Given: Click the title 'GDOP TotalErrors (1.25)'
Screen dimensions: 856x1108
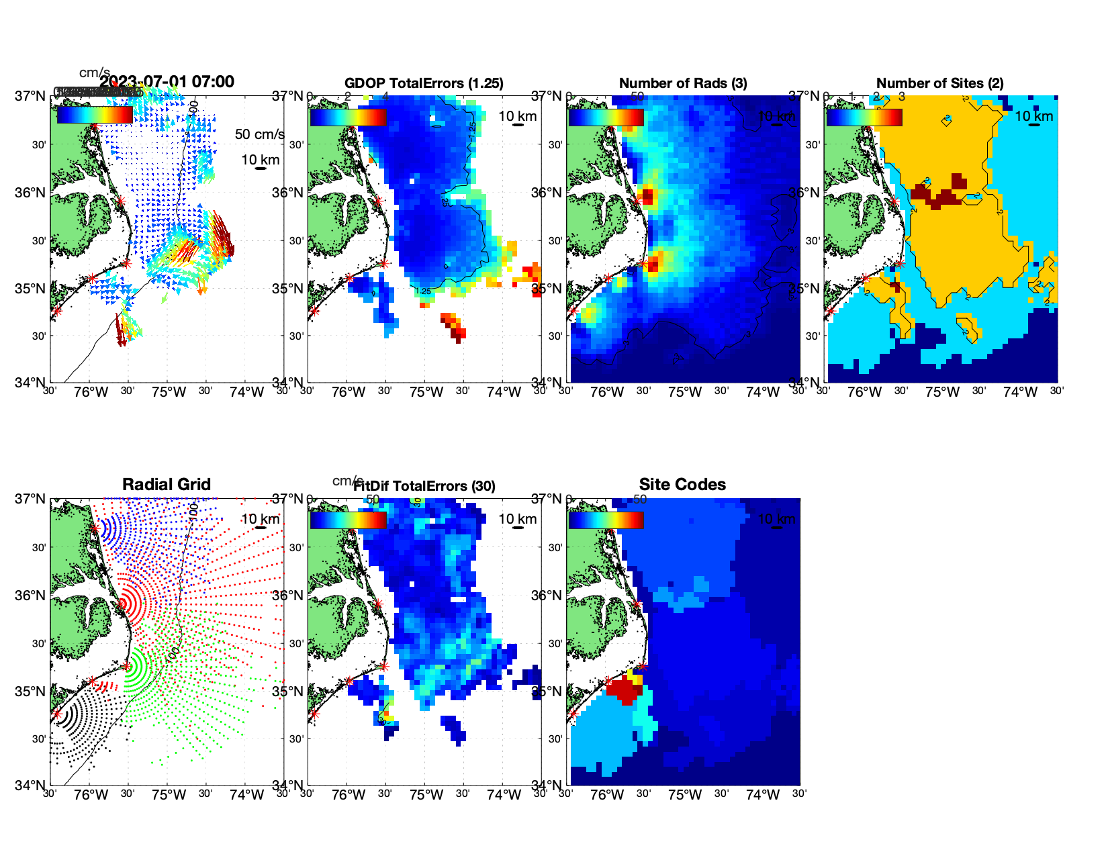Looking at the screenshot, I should click(x=424, y=83).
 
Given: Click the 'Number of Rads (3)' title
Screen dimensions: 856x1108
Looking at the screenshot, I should click(x=683, y=83).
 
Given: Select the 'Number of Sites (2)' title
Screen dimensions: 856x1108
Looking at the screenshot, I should click(x=940, y=83).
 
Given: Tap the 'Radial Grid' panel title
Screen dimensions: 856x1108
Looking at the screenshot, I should click(x=167, y=485).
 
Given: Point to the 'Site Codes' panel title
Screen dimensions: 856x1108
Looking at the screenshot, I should click(x=682, y=485).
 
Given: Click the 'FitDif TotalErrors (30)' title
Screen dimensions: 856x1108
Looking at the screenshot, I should click(x=424, y=486).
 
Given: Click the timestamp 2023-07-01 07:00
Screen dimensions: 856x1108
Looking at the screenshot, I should click(x=167, y=82).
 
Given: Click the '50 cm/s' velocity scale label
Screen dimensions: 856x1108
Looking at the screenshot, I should click(x=259, y=134).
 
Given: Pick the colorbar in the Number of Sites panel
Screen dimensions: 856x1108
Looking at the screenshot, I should click(x=864, y=117).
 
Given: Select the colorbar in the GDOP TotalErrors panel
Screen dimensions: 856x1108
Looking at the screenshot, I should click(x=349, y=117).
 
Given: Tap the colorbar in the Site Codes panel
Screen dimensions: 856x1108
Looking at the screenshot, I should click(x=606, y=520).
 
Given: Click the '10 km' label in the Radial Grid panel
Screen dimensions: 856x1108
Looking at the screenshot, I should click(x=260, y=519).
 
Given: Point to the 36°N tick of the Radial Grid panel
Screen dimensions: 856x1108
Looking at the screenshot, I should click(x=30, y=596).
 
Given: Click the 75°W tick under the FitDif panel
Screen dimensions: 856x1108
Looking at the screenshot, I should click(x=426, y=795).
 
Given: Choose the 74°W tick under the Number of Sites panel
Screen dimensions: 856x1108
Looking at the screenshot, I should click(x=1020, y=392).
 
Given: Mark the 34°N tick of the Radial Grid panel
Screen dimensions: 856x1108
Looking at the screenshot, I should click(x=30, y=785).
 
